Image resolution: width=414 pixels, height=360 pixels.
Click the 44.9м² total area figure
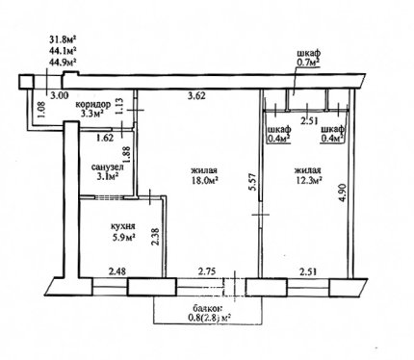click(x=63, y=62)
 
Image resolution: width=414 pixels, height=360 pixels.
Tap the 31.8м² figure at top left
click(x=63, y=39)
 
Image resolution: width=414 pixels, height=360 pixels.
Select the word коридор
click(x=93, y=105)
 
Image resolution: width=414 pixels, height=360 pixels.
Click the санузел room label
click(x=108, y=167)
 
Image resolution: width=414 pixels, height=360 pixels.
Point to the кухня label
click(x=122, y=226)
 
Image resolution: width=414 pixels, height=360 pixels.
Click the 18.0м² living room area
click(x=204, y=180)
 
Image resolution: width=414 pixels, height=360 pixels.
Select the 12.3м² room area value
click(x=308, y=181)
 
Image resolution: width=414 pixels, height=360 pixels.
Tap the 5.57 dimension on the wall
click(x=252, y=182)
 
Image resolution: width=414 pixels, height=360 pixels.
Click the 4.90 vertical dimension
click(x=343, y=193)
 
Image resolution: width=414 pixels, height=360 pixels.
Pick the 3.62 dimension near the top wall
click(x=195, y=95)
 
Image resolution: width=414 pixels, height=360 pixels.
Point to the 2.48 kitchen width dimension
click(x=117, y=272)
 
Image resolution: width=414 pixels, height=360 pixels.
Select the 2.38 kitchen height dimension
click(x=155, y=237)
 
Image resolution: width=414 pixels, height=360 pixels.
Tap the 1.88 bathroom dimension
click(x=127, y=156)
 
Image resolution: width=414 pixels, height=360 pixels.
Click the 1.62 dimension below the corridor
click(x=105, y=138)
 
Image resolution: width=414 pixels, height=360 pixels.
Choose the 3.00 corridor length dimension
click(x=60, y=95)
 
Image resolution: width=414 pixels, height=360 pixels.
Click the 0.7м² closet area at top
click(x=309, y=63)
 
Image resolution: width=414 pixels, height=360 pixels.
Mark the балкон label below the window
click(x=207, y=309)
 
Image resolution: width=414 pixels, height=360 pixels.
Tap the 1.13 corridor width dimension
click(x=119, y=106)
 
